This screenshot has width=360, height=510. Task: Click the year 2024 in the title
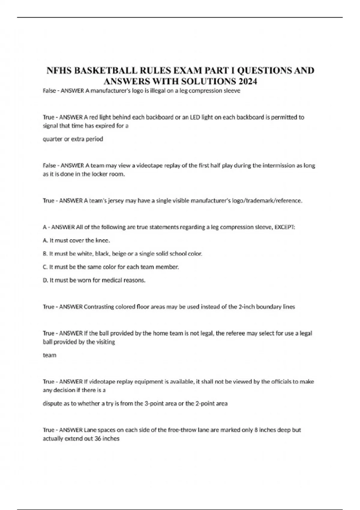(248, 81)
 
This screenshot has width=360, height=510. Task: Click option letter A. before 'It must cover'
(46, 240)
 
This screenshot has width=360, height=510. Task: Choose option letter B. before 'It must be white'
(46, 253)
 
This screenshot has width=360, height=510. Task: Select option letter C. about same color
(46, 267)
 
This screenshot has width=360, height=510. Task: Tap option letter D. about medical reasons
(46, 280)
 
